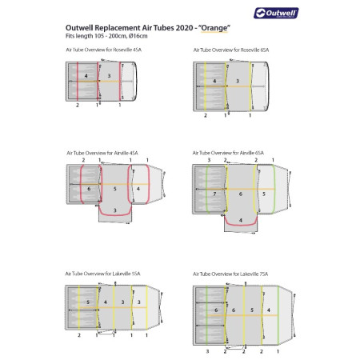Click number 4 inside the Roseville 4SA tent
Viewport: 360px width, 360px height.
(x=86, y=76)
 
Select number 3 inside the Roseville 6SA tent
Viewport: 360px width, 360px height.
(x=237, y=82)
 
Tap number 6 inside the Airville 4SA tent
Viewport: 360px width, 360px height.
(x=90, y=189)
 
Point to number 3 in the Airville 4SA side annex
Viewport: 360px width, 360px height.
(x=115, y=210)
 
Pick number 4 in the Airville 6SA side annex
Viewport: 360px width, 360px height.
(x=239, y=219)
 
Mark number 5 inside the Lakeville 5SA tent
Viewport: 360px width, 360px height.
(x=88, y=302)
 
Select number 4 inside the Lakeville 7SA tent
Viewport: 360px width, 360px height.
(x=267, y=309)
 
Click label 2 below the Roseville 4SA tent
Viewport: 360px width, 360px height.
(x=78, y=106)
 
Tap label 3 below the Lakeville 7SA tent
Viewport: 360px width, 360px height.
(x=207, y=350)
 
